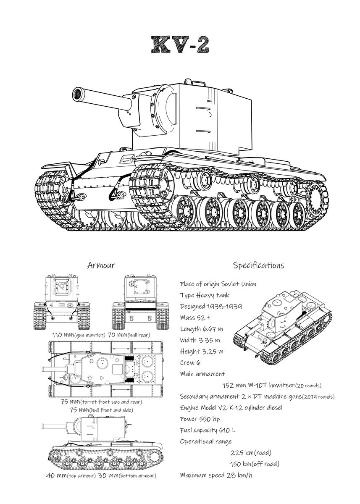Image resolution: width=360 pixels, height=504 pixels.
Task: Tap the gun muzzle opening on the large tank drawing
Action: coord(78,93)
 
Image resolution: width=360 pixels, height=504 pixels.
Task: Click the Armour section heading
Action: coord(101,265)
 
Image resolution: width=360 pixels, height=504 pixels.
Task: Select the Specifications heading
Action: coord(258,265)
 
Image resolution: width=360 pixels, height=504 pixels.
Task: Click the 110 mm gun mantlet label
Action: coord(75,335)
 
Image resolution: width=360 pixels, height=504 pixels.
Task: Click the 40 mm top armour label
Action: coord(71,475)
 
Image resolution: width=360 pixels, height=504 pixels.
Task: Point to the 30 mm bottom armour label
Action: coord(127,475)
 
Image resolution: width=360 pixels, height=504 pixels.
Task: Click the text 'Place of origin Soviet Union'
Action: coord(218,284)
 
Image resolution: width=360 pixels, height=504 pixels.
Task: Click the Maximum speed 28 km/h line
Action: coord(216,475)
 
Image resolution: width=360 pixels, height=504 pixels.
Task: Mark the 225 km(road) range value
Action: coord(251,452)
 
